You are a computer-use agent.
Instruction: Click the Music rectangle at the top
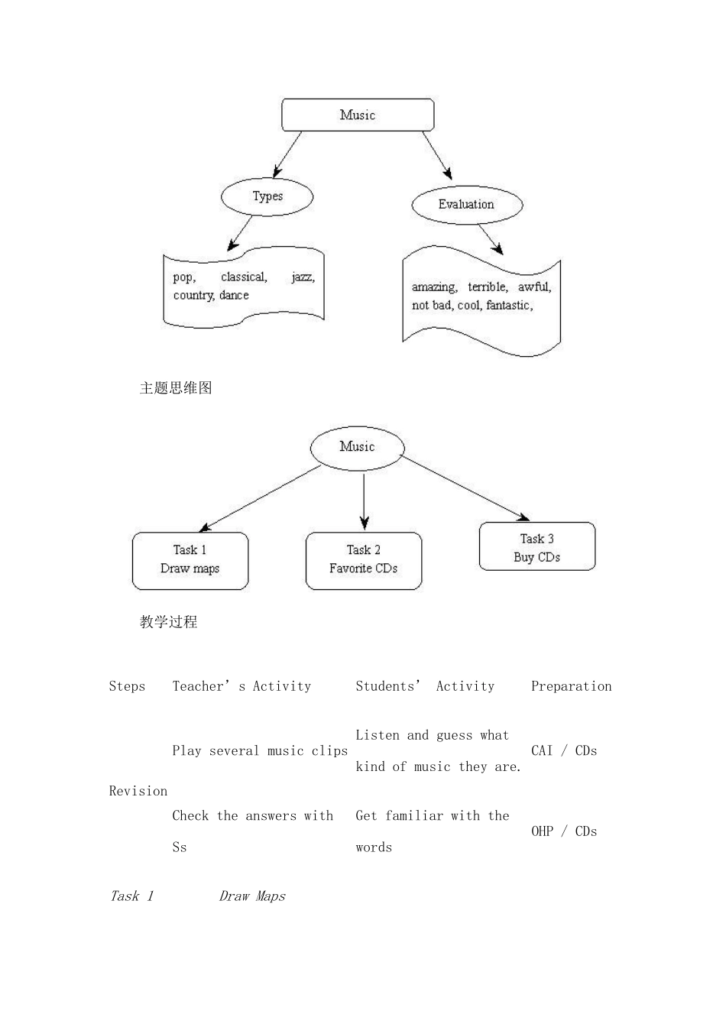click(x=358, y=115)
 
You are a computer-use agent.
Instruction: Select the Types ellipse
click(x=267, y=196)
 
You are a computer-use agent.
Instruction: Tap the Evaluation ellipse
click(x=466, y=204)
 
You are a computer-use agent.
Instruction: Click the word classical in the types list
click(x=244, y=277)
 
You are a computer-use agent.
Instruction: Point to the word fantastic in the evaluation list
click(x=508, y=305)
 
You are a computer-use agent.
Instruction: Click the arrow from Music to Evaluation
click(x=437, y=155)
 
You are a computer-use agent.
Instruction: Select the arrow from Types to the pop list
click(x=240, y=233)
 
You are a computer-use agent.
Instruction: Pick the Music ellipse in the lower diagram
click(x=357, y=446)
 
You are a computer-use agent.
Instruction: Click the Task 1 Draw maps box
click(x=190, y=560)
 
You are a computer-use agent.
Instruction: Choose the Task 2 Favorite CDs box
click(x=363, y=560)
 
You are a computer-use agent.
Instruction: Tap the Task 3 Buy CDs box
click(x=536, y=547)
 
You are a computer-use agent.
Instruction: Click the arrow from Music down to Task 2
click(x=364, y=500)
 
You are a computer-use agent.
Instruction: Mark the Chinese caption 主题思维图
click(x=176, y=388)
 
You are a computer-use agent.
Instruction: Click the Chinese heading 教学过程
click(x=169, y=622)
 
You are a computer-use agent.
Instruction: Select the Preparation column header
click(x=571, y=686)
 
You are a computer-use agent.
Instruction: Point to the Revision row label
click(x=138, y=791)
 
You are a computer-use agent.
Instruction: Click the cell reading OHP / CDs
click(x=564, y=831)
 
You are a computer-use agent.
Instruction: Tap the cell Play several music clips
click(x=260, y=751)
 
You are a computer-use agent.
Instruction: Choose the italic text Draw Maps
click(x=252, y=896)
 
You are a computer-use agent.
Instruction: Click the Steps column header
click(x=127, y=686)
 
